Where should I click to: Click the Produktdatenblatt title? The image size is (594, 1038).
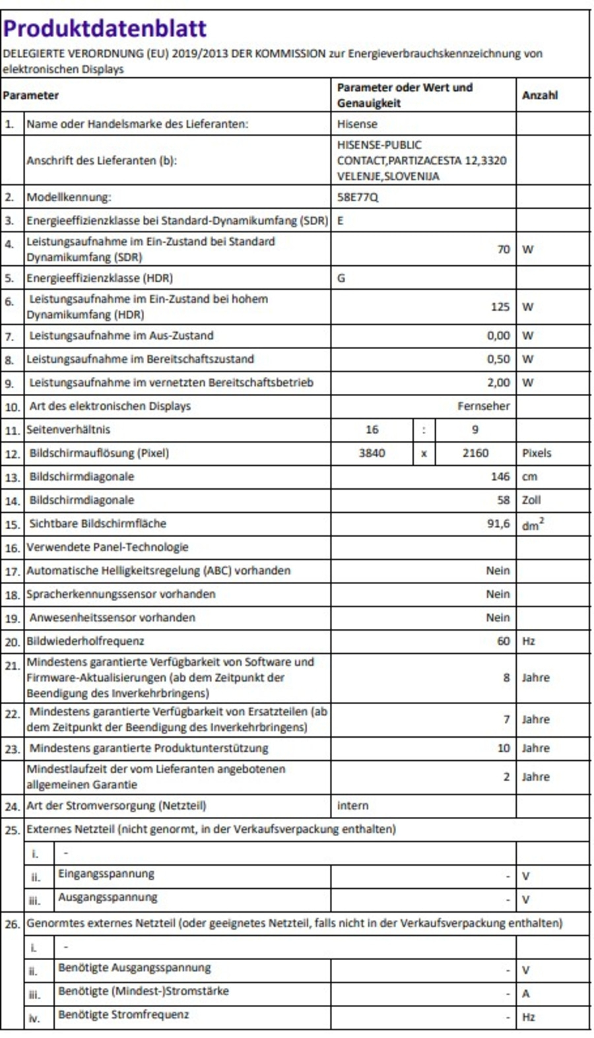pyautogui.click(x=104, y=28)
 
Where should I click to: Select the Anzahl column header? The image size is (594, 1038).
pyautogui.click(x=539, y=95)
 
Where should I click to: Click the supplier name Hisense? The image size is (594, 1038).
pyautogui.click(x=357, y=124)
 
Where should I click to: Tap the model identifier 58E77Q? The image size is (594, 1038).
pyautogui.click(x=358, y=197)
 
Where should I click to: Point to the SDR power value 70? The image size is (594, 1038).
pyautogui.click(x=503, y=249)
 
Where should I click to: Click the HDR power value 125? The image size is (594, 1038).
pyautogui.click(x=500, y=307)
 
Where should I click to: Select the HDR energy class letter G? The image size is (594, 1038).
pyautogui.click(x=341, y=278)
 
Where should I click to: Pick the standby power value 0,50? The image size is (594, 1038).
pyautogui.click(x=498, y=359)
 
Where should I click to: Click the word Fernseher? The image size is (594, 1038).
pyautogui.click(x=483, y=406)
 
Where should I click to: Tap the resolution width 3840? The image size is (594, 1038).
pyautogui.click(x=372, y=453)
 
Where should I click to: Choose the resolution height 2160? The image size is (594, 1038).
pyautogui.click(x=475, y=453)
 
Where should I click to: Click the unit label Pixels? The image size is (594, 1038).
pyautogui.click(x=536, y=453)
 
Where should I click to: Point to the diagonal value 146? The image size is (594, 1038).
pyautogui.click(x=500, y=476)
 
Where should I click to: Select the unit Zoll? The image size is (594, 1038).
pyautogui.click(x=531, y=500)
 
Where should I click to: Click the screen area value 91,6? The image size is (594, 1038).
pyautogui.click(x=498, y=523)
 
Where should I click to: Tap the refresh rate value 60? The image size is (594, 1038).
pyautogui.click(x=503, y=641)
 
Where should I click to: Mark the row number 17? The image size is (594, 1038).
pyautogui.click(x=12, y=571)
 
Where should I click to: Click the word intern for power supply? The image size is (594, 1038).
pyautogui.click(x=352, y=806)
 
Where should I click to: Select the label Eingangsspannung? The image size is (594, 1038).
pyautogui.click(x=106, y=874)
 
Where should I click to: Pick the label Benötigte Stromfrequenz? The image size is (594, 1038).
pyautogui.click(x=123, y=1014)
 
